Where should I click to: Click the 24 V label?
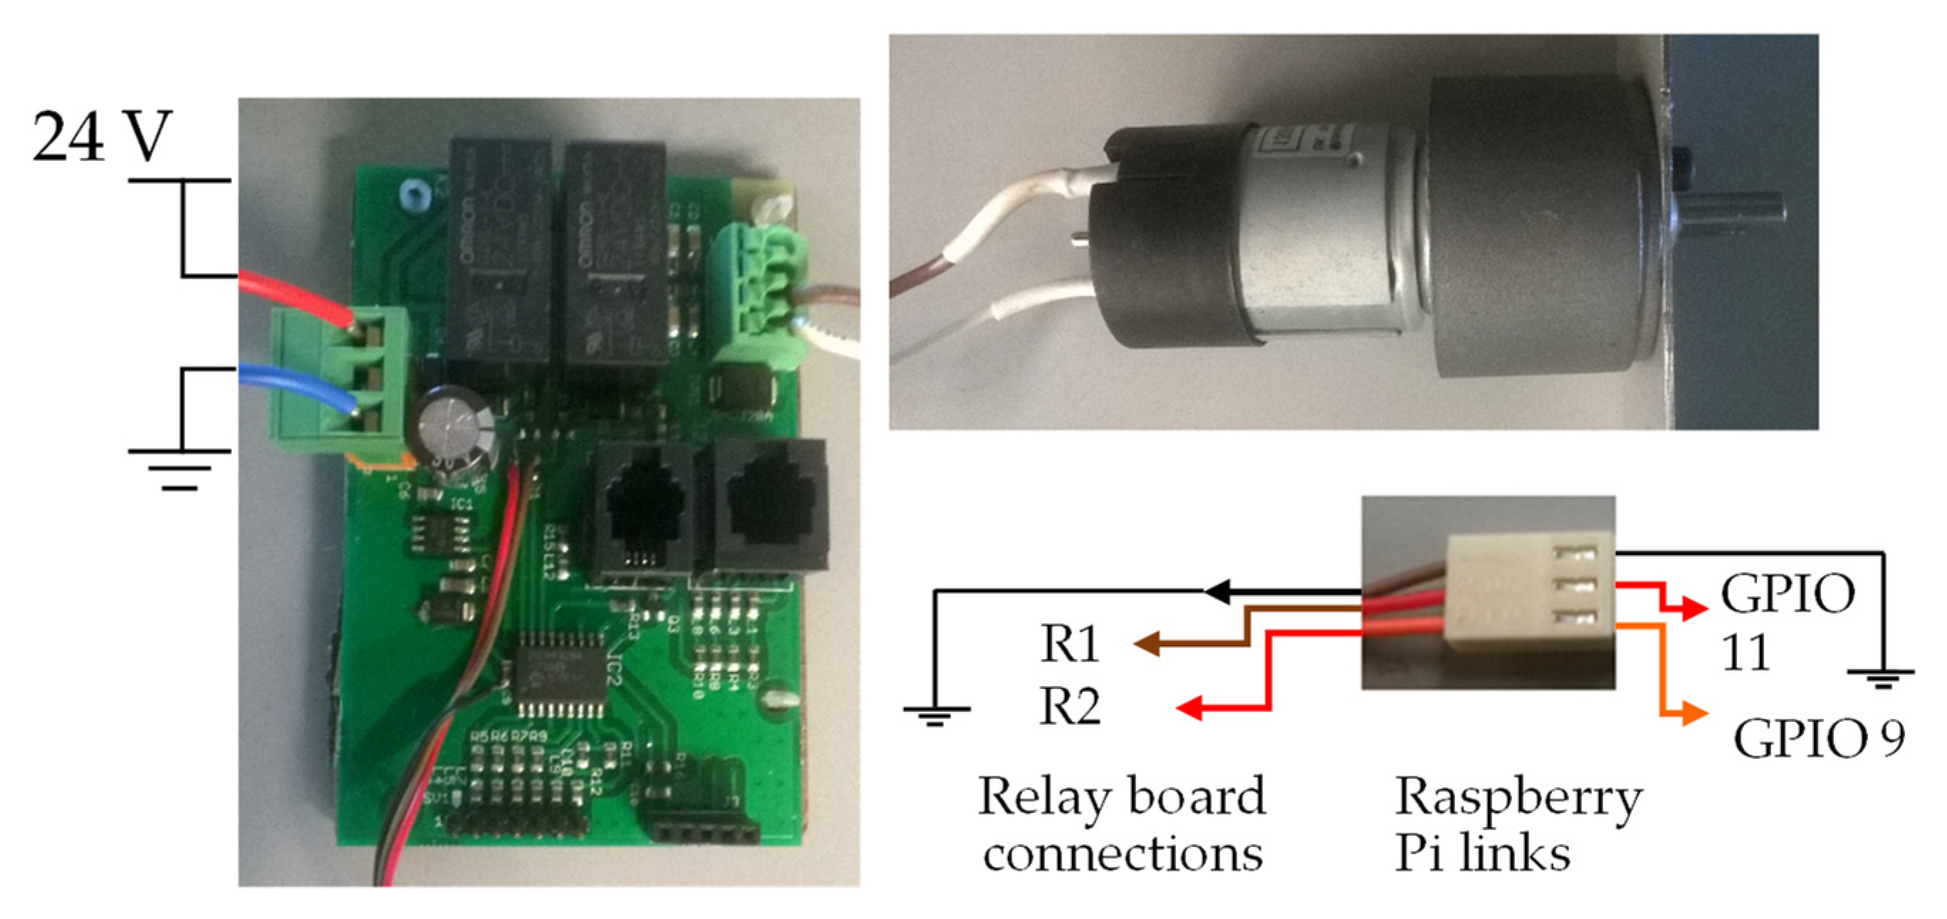(x=102, y=137)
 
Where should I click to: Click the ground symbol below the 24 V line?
(x=180, y=468)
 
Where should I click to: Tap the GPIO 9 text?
(x=1817, y=738)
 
